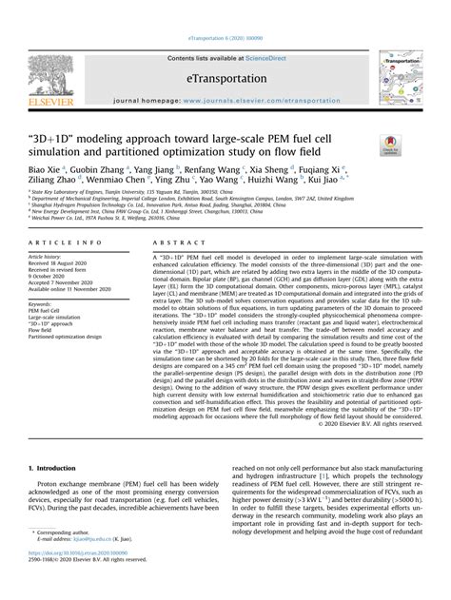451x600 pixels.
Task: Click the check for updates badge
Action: (x=391, y=145)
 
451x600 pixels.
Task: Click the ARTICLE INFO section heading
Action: (x=60, y=243)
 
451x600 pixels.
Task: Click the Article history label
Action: (x=48, y=257)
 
